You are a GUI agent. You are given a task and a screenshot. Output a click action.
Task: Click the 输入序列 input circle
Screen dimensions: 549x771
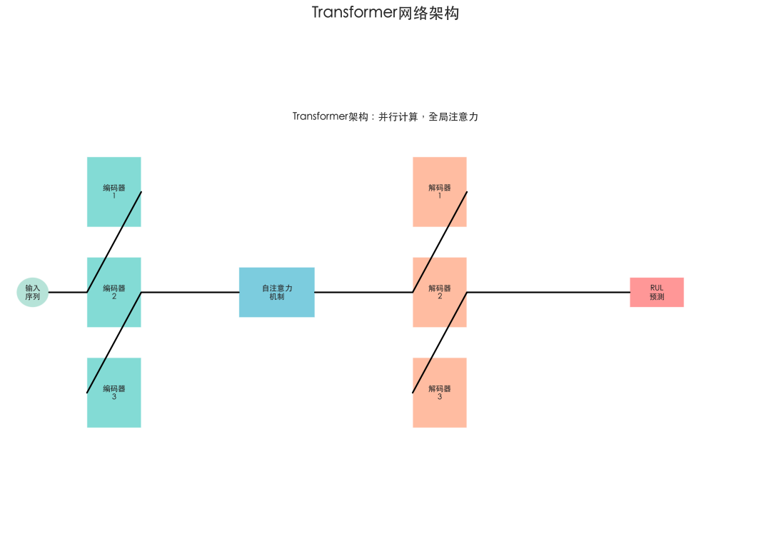[x=32, y=292]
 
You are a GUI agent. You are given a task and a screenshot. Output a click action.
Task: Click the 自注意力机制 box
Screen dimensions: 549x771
[x=276, y=292]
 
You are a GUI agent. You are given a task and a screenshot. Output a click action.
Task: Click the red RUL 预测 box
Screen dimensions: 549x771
[x=656, y=292]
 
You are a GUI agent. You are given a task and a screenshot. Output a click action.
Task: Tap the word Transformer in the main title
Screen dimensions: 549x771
[x=353, y=13]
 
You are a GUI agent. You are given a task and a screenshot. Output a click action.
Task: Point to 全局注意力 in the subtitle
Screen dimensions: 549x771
[x=453, y=116]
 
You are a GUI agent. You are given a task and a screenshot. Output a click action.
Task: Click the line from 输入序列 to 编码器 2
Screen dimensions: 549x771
[x=67, y=292]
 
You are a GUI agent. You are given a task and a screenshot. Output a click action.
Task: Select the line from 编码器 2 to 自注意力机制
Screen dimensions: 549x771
[x=190, y=292]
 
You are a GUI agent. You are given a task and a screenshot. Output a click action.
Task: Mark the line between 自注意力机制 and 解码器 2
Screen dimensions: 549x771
[x=363, y=292]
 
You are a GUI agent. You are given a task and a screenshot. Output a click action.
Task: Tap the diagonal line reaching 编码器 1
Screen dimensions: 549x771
[x=114, y=241]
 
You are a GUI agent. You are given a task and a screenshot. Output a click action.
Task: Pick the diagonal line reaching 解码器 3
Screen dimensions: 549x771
[x=440, y=342]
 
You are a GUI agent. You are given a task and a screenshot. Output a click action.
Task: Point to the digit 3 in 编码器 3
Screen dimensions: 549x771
[x=114, y=397]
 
